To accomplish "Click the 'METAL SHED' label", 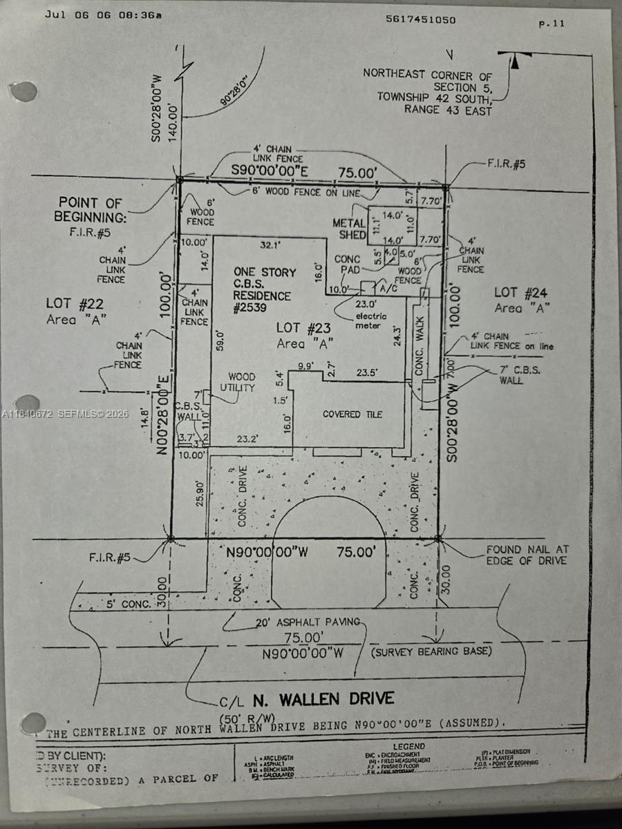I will (349, 229).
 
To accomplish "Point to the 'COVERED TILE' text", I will (352, 414).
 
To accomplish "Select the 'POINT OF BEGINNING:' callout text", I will (91, 210).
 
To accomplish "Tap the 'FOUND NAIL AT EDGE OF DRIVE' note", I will (527, 555).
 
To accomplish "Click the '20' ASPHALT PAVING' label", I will (308, 622).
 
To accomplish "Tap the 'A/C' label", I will (384, 291).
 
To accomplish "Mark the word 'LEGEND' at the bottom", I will (409, 747).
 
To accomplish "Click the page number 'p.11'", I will (552, 23).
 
